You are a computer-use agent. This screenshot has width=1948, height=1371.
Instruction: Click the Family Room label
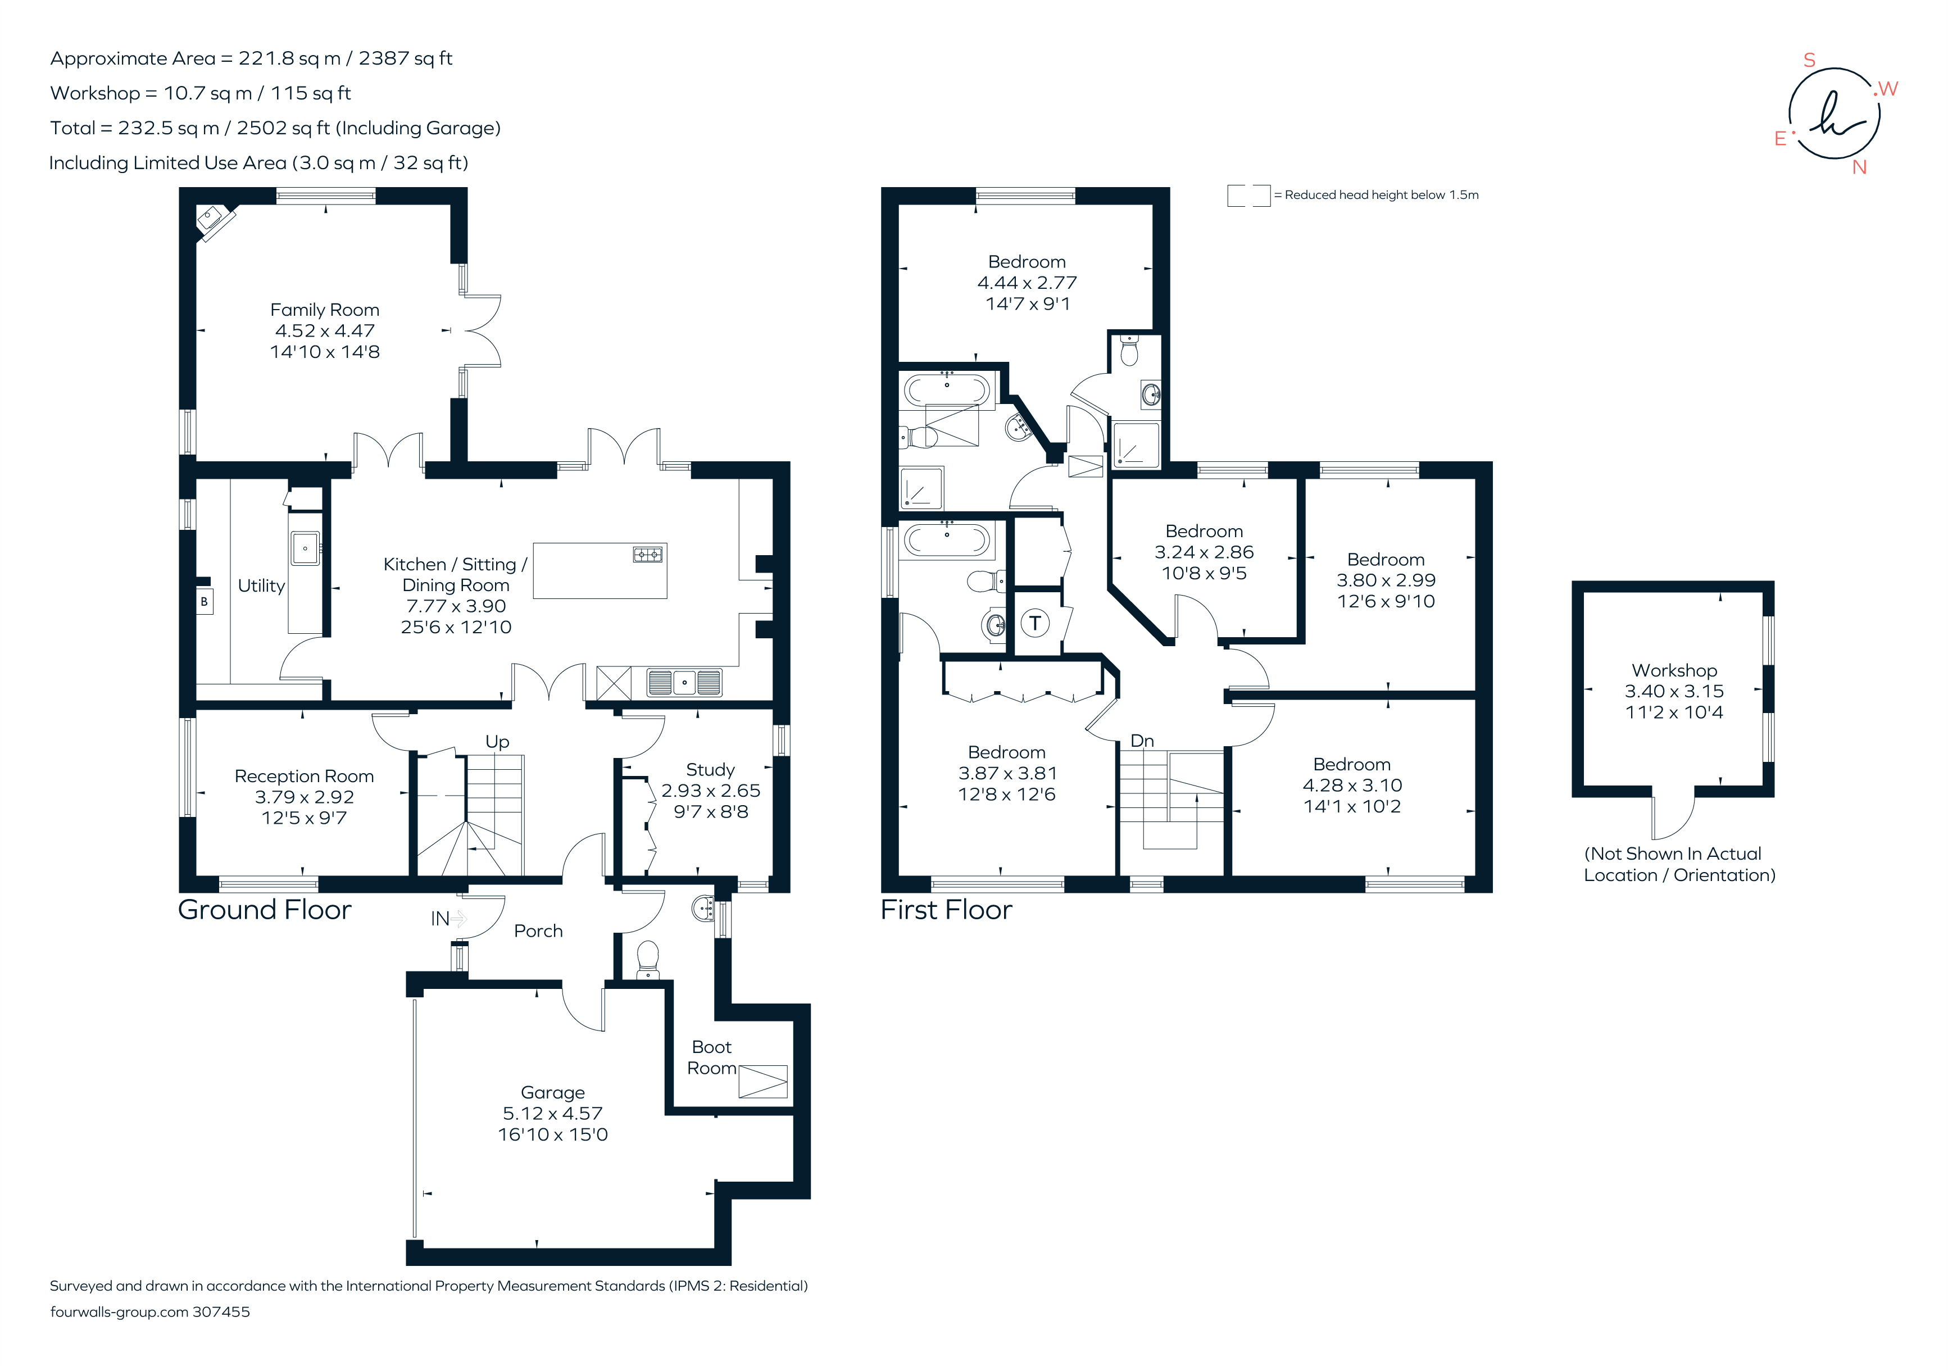pyautogui.click(x=324, y=311)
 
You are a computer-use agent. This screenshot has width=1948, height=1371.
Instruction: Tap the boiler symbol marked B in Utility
pyautogui.click(x=203, y=602)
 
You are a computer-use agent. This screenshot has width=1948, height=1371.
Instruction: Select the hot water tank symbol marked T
pyautogui.click(x=1034, y=624)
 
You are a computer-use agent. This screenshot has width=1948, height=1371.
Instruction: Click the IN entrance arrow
pyautogui.click(x=458, y=918)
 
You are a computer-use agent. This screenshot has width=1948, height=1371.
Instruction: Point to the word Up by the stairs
pyautogui.click(x=497, y=742)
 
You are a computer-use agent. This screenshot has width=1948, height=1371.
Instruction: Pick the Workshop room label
pyautogui.click(x=1674, y=670)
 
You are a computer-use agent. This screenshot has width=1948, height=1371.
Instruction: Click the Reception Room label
pyautogui.click(x=304, y=777)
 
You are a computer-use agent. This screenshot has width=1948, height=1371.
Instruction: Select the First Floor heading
pyautogui.click(x=946, y=910)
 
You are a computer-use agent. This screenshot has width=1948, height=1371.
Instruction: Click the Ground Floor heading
pyautogui.click(x=265, y=910)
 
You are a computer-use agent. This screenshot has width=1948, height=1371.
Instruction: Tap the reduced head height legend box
pyautogui.click(x=1248, y=195)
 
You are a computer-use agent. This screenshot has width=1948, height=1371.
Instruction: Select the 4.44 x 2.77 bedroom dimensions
pyautogui.click(x=1027, y=283)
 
